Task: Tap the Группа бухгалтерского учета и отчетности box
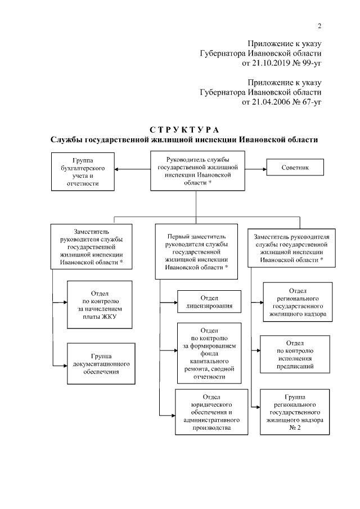tap(83, 172)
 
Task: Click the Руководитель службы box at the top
tap(192, 172)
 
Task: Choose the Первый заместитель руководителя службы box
tap(196, 253)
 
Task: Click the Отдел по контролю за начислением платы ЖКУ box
tap(100, 309)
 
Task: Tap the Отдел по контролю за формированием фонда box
tap(209, 353)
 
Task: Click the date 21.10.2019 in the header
tap(269, 64)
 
